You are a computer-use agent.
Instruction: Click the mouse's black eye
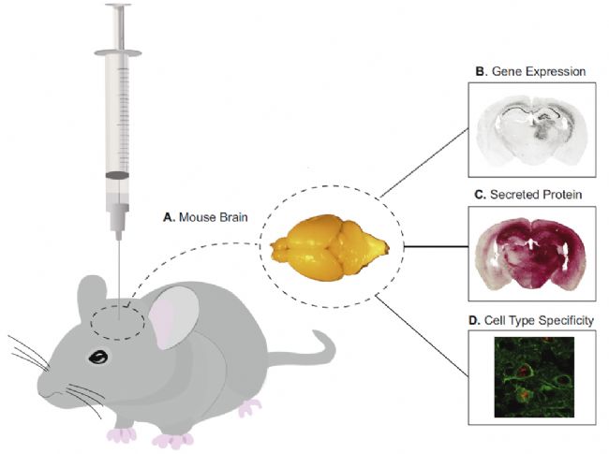pos(97,357)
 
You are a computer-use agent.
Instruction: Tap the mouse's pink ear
pos(171,318)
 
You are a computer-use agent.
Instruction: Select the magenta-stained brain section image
pos(528,252)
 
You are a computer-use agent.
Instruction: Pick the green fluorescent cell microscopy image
pos(529,373)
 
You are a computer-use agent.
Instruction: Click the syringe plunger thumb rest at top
pos(119,7)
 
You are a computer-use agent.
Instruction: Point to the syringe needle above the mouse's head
pos(119,267)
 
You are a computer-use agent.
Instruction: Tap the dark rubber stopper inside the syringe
pos(119,175)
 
